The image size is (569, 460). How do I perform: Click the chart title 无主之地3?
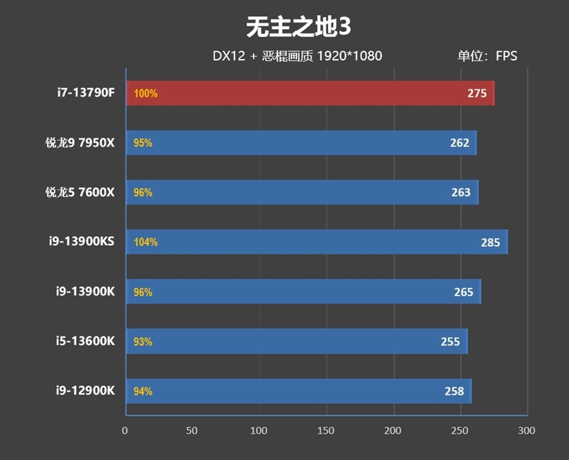pos(299,27)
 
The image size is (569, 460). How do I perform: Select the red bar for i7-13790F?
pos(310,93)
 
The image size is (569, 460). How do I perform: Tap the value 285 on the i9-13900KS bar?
pos(491,242)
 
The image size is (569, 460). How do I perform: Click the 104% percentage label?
pos(145,242)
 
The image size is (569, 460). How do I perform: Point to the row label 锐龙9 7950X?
pos(78,143)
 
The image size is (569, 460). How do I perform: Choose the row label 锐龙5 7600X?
pos(78,193)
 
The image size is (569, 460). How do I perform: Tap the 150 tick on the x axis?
pos(326,431)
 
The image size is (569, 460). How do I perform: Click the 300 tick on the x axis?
pos(526,431)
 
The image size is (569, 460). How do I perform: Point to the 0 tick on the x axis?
pos(125,431)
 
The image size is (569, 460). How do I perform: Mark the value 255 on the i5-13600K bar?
pos(450,342)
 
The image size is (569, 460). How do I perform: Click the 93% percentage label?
pos(143,342)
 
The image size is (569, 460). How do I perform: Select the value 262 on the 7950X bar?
pos(459,143)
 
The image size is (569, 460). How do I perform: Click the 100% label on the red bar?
pos(145,93)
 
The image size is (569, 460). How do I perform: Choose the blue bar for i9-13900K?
pos(303,291)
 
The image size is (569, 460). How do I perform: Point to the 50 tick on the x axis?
pos(192,431)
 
